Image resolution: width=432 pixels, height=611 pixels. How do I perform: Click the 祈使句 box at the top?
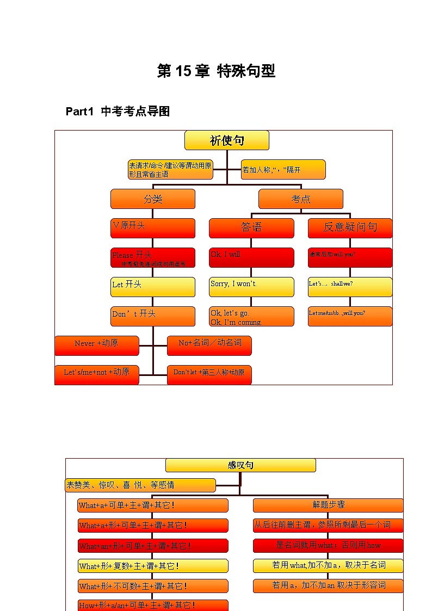coord(227,140)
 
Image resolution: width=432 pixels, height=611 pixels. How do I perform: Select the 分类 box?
coord(153,199)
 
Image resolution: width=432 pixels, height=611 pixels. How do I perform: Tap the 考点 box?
coord(301,199)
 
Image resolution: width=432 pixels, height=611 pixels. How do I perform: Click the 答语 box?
coord(251,228)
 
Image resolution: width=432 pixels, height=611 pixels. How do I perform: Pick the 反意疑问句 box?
coord(350,228)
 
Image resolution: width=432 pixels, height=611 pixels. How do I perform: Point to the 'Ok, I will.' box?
coord(251,257)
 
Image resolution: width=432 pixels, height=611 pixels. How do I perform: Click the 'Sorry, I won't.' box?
coord(251,287)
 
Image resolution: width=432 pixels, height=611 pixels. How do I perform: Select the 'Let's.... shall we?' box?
coord(350,287)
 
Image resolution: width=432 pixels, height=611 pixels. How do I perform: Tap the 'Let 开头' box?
coord(153,287)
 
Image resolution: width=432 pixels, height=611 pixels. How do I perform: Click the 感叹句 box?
coord(240,465)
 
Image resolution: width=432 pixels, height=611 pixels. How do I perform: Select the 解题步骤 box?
coord(328,505)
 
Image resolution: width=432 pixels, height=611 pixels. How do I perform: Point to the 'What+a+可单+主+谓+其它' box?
coord(153,505)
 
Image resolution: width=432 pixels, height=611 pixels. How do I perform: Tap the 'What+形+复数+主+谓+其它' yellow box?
coord(153,566)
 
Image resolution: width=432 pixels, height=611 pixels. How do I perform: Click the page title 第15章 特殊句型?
coord(216,71)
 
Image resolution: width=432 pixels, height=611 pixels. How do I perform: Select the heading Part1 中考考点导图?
coord(118,112)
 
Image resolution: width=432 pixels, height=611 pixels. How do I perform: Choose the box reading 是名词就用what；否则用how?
coord(328,546)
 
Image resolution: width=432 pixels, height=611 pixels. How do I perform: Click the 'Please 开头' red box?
coord(153,257)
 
